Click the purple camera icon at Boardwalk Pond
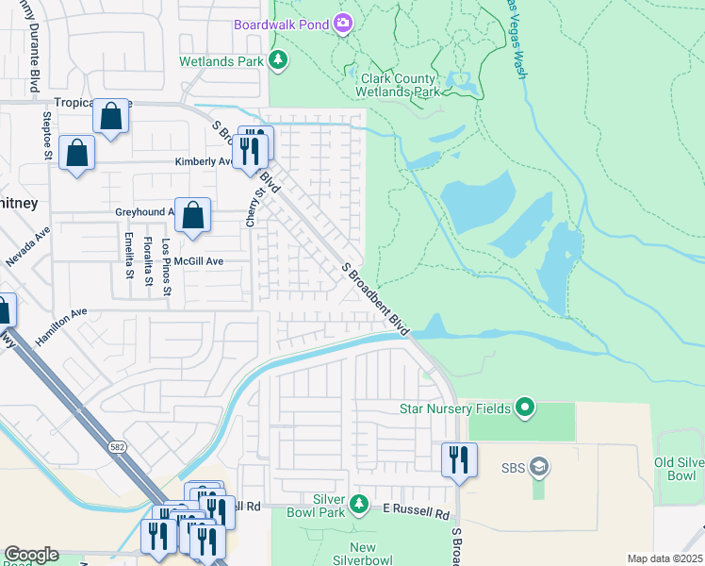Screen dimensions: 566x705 [343, 23]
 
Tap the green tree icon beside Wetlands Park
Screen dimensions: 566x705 [278, 61]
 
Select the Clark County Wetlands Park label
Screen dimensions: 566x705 [397, 86]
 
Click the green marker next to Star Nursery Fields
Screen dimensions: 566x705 [525, 408]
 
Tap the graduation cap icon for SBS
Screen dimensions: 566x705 [538, 467]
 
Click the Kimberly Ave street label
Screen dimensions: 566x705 [204, 161]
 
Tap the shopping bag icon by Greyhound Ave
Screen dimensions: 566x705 [192, 215]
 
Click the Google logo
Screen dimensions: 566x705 [30, 555]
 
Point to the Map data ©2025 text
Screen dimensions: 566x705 [664, 558]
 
